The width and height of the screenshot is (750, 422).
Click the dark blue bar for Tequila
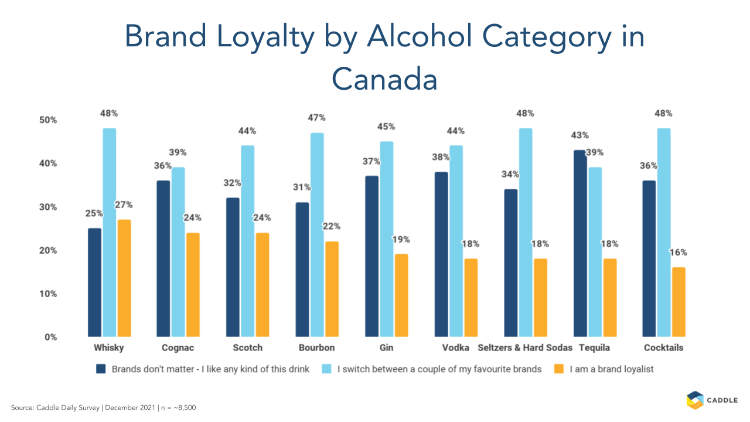tap(580, 243)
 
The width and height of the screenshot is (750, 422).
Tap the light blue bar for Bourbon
tap(317, 234)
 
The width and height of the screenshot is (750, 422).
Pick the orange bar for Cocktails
tap(679, 302)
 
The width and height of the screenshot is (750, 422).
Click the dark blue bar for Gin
tap(371, 256)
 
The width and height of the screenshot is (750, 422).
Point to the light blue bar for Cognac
tap(178, 252)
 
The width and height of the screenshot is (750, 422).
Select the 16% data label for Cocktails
tap(679, 253)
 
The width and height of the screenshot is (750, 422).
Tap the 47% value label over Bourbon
tap(317, 118)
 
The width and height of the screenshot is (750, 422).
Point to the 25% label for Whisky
tap(95, 213)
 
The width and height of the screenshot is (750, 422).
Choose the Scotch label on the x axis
tap(247, 348)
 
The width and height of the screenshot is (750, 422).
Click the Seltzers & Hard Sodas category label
tap(524, 348)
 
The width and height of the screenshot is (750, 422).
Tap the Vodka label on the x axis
tap(456, 348)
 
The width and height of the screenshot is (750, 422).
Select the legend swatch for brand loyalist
tap(559, 369)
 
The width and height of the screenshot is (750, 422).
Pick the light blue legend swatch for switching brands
tap(328, 369)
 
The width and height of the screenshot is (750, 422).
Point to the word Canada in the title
tap(384, 79)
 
